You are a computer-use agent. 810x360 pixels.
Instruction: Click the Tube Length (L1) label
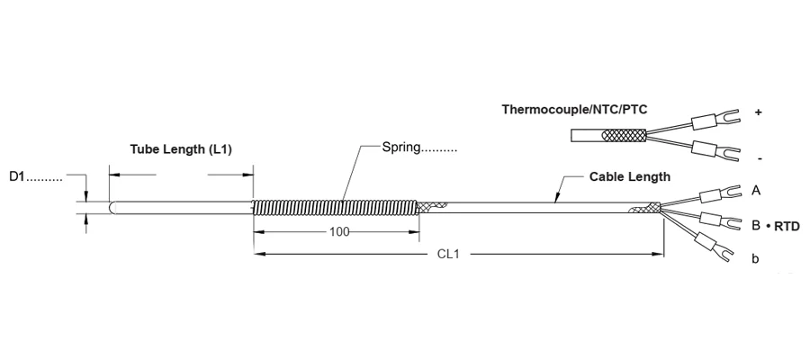point(180,149)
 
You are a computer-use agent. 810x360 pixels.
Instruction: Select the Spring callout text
point(401,148)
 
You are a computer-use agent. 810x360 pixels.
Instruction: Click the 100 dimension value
point(339,232)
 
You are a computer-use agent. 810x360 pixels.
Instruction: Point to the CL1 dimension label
point(448,254)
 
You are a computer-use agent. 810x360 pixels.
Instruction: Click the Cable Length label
point(630,176)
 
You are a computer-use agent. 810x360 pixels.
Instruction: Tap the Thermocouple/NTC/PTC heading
point(574,110)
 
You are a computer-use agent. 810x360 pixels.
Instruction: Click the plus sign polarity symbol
point(758,112)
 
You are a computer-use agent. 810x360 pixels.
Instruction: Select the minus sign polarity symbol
point(760,158)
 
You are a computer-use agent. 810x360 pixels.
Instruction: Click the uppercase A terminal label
point(756,191)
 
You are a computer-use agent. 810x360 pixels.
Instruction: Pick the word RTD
point(787,226)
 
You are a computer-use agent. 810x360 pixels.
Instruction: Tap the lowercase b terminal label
point(755,258)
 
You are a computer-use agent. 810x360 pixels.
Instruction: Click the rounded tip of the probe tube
point(113,207)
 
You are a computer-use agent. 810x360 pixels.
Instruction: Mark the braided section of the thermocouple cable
point(624,136)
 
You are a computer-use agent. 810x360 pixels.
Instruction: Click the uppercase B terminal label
point(756,226)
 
